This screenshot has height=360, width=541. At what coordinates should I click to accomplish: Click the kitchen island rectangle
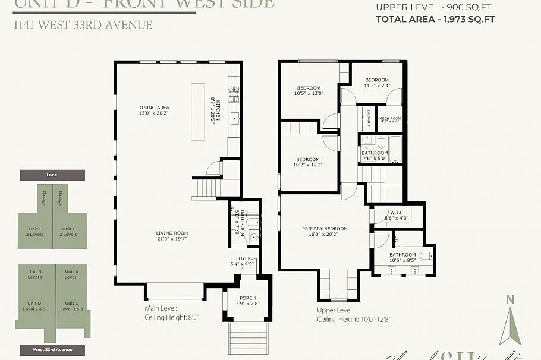198,111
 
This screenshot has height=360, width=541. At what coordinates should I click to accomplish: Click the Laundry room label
369,118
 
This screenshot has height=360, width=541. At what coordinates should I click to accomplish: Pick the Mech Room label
390,119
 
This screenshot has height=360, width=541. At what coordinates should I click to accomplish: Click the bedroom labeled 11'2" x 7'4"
376,83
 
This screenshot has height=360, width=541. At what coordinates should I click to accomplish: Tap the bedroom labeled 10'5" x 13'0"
309,90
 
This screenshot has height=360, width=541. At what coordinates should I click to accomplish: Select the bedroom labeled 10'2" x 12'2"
308,162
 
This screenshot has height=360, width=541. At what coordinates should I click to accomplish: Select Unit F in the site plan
35,231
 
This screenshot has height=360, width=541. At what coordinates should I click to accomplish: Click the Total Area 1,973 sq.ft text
435,19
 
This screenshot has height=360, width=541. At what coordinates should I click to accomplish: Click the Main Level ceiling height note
171,313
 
